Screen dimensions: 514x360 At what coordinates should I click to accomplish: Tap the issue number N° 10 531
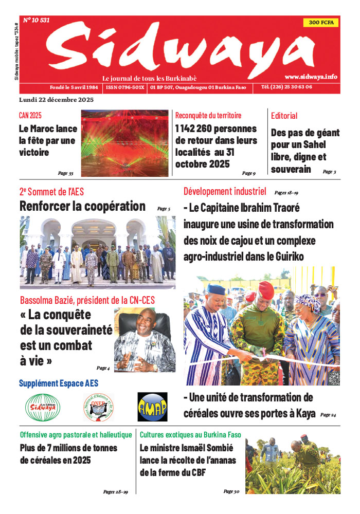pyautogui.click(x=37, y=21)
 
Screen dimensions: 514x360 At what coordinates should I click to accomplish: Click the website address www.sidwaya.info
pyautogui.click(x=311, y=77)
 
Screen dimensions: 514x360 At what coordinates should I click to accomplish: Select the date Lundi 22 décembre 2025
pyautogui.click(x=56, y=99)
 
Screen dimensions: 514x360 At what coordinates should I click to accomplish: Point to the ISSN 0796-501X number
pyautogui.click(x=125, y=87)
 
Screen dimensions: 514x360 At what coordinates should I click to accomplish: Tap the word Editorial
pyautogui.click(x=284, y=116)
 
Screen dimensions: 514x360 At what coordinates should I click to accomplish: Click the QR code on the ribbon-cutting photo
pyautogui.click(x=334, y=378)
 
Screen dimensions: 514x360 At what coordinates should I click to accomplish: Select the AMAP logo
pyautogui.click(x=152, y=407)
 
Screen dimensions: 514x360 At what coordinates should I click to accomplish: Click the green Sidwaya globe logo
pyautogui.click(x=43, y=407)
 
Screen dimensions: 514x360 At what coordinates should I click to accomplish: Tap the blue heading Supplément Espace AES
pyautogui.click(x=59, y=383)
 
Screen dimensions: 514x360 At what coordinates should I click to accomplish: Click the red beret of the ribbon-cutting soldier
pyautogui.click(x=266, y=289)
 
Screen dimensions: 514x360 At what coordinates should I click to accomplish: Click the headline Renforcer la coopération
pyautogui.click(x=82, y=207)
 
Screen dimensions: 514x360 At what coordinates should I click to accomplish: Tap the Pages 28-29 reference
pyautogui.click(x=115, y=492)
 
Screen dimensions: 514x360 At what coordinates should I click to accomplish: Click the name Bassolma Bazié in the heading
pyautogui.click(x=49, y=300)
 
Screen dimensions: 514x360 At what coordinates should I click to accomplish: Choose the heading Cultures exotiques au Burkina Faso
pyautogui.click(x=190, y=434)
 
